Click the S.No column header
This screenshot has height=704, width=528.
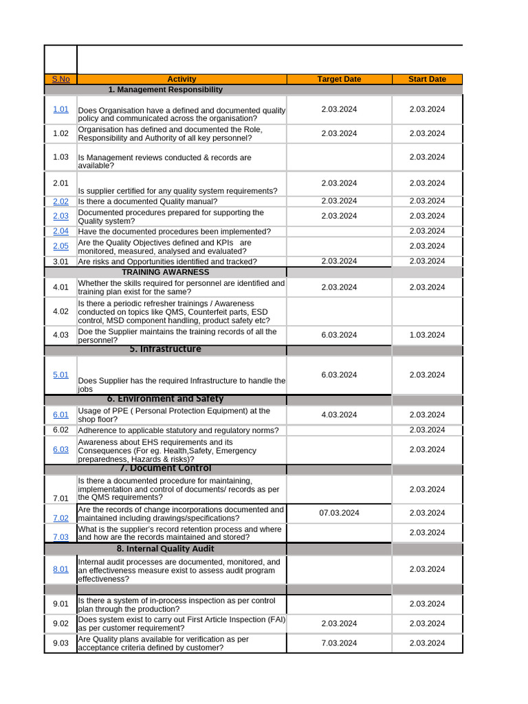60,79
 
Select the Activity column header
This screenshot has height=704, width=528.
181,79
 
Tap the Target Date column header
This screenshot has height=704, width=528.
339,79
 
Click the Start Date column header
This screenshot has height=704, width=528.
427,79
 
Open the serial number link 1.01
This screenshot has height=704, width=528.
60,109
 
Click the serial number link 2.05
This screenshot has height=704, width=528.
60,246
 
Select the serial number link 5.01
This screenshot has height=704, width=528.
60,375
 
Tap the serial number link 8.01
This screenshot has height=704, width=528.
60,569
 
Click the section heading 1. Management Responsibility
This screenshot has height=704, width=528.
165,90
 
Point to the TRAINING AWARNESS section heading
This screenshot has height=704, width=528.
165,272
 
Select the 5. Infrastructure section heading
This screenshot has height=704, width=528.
165,349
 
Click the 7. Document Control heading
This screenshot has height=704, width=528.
165,468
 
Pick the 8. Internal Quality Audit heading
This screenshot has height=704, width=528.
165,549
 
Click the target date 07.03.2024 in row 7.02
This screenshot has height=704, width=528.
339,513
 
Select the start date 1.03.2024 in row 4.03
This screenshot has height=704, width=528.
427,335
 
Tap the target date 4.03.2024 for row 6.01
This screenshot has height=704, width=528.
339,415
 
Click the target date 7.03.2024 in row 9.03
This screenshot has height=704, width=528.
339,643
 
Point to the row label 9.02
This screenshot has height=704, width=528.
60,624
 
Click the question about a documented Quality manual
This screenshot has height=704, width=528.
148,201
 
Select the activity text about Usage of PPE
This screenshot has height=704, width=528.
174,415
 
